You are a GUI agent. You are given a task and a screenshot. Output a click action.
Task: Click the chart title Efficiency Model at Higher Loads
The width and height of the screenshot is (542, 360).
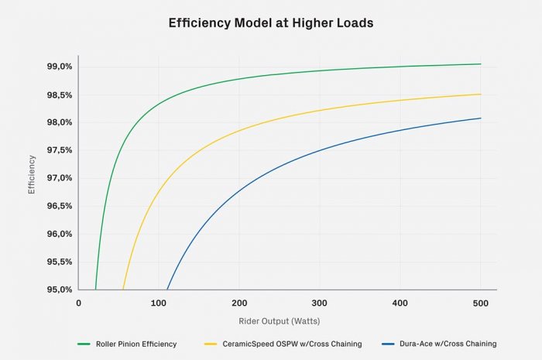[271, 23]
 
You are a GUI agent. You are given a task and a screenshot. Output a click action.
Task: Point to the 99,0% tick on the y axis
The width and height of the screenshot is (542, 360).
[60, 67]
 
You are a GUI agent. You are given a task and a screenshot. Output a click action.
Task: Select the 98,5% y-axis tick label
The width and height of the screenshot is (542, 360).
[60, 95]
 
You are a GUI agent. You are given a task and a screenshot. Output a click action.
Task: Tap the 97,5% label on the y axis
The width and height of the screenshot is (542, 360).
[60, 150]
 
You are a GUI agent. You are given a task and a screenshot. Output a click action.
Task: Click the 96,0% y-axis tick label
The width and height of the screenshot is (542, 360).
[60, 234]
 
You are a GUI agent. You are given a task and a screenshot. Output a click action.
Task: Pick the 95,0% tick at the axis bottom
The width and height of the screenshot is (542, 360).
[60, 290]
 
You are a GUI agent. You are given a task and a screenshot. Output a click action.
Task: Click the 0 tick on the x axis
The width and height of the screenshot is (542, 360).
[78, 303]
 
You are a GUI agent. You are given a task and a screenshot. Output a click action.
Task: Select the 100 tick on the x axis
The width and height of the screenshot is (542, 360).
[159, 303]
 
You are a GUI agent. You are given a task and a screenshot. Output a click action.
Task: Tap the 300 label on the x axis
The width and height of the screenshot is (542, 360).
[320, 303]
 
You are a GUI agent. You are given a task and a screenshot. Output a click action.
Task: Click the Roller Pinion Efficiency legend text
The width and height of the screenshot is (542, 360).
[136, 343]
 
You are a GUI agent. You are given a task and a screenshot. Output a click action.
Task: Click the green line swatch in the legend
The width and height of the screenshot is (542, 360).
[84, 343]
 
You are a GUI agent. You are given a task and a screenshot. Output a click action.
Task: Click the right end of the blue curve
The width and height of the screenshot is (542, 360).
[481, 118]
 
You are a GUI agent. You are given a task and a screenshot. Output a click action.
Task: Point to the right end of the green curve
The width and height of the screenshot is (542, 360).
[481, 64]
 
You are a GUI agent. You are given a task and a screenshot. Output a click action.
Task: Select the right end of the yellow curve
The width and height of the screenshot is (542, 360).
[481, 94]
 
